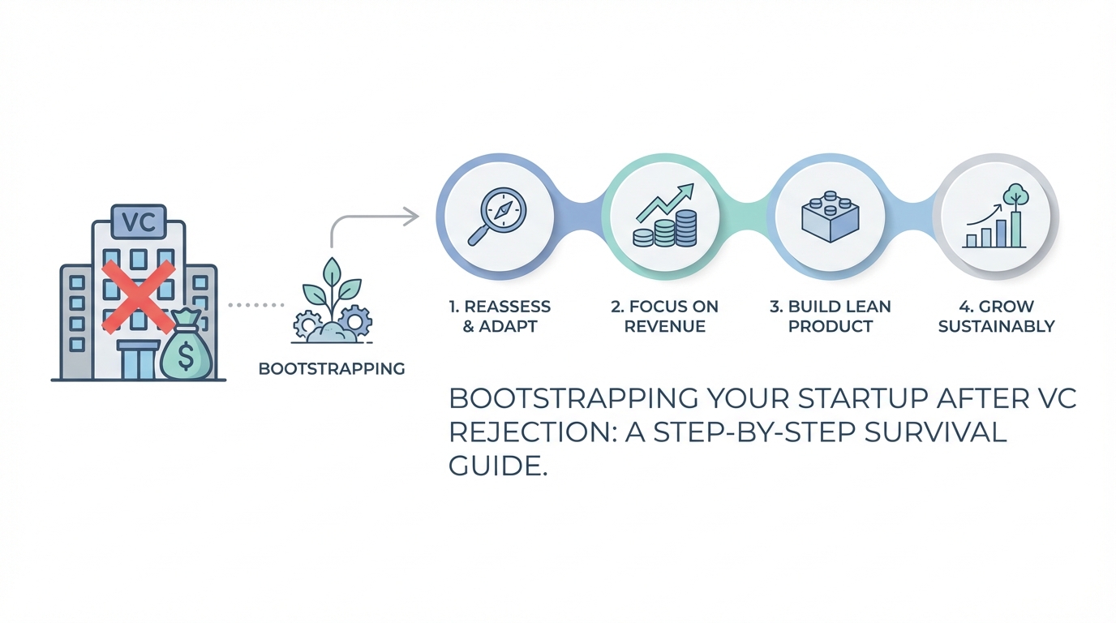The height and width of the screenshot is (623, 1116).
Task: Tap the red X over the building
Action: pyautogui.click(x=139, y=297)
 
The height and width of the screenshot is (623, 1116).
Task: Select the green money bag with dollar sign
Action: pyautogui.click(x=186, y=351)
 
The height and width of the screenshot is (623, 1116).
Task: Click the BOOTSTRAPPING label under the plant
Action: pyautogui.click(x=332, y=368)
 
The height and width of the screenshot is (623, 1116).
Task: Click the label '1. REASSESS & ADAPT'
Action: pyautogui.click(x=500, y=316)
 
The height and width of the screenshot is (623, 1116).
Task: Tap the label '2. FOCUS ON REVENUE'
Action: pyautogui.click(x=664, y=316)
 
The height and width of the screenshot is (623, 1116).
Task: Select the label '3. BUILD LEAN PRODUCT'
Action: pyautogui.click(x=831, y=316)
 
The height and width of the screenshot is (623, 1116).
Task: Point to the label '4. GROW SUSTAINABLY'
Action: pyautogui.click(x=997, y=316)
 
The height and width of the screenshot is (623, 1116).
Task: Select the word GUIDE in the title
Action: pyautogui.click(x=494, y=467)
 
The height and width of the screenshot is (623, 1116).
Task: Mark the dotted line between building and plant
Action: pyautogui.click(x=255, y=305)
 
